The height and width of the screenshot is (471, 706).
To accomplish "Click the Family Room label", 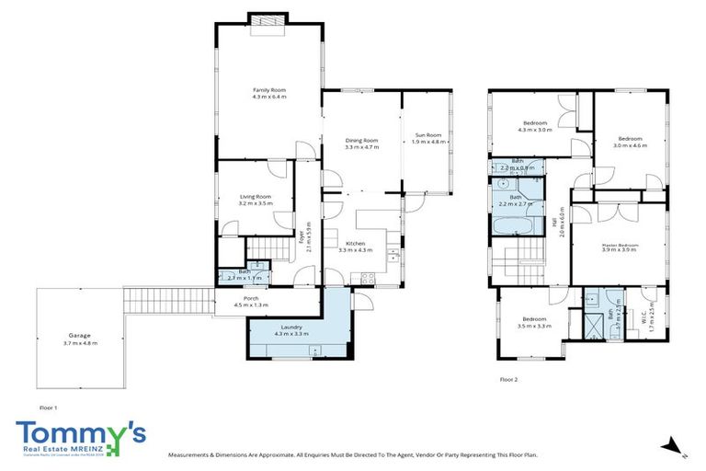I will pyautogui.click(x=269, y=89).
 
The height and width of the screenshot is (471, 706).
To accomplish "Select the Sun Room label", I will pyautogui.click(x=427, y=135).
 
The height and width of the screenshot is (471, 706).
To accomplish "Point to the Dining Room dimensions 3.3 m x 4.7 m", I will pyautogui.click(x=361, y=147).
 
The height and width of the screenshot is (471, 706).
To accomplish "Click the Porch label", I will pyautogui.click(x=250, y=298).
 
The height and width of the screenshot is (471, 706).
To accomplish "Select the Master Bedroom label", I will pyautogui.click(x=620, y=244).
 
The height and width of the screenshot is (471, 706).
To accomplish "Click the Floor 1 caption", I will pyautogui.click(x=49, y=406).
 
